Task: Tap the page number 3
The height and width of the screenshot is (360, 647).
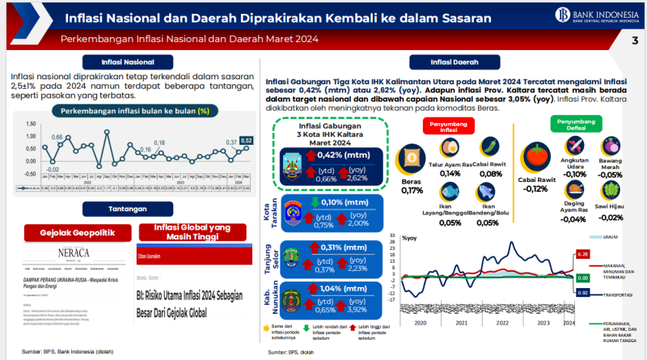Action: (x=634, y=41)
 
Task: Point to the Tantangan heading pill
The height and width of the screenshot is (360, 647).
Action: (x=127, y=210)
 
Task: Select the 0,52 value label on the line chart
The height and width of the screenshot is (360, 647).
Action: (x=247, y=140)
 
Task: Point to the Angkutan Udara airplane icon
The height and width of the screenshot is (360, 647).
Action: (x=576, y=146)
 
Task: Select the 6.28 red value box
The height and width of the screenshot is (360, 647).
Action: (x=582, y=254)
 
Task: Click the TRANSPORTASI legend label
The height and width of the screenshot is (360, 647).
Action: (x=618, y=296)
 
